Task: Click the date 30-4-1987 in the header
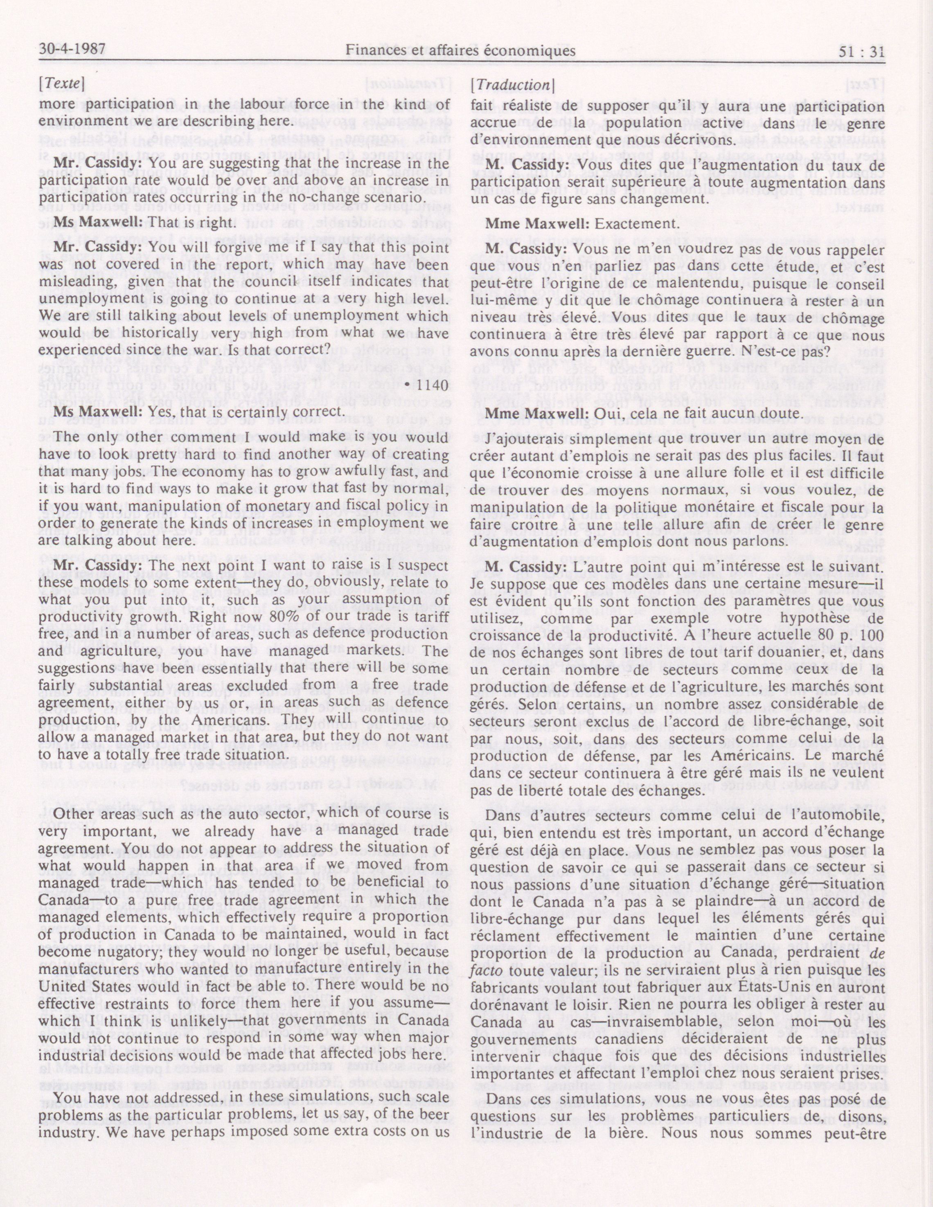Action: [72, 52]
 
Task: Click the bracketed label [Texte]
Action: [61, 85]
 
